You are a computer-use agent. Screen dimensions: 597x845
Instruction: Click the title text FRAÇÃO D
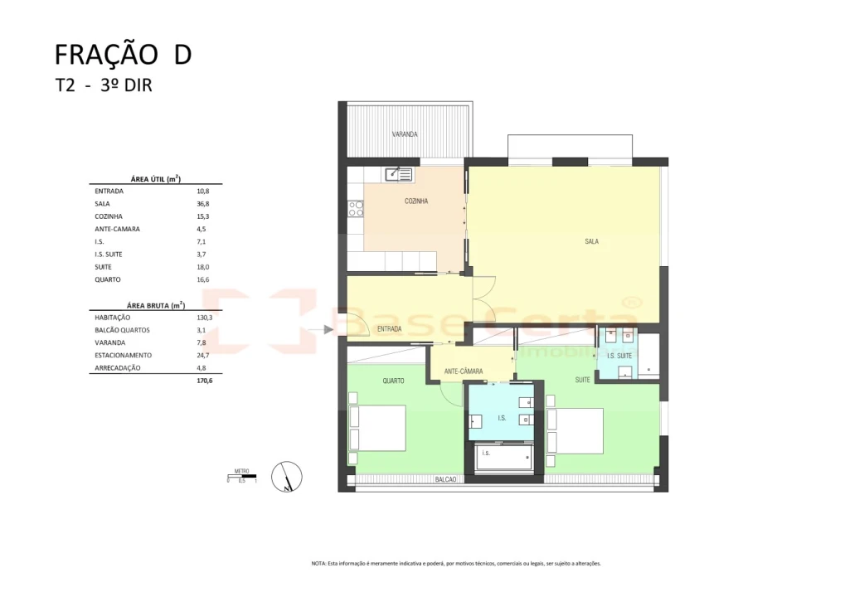(123, 54)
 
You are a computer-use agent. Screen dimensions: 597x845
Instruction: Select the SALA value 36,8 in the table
(192, 203)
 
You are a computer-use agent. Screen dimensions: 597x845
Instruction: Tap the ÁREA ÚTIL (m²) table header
(155, 178)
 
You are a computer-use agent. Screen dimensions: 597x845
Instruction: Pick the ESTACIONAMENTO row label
(124, 355)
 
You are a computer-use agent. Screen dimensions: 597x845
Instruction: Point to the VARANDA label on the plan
(405, 134)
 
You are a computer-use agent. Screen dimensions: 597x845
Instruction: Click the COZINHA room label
(416, 201)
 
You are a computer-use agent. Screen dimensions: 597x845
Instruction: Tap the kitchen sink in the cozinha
(398, 174)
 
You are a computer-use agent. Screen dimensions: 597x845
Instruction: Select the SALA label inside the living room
(591, 242)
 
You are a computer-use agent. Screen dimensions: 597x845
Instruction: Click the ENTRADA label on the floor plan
(389, 329)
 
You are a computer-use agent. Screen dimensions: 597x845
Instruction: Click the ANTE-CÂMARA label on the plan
(464, 371)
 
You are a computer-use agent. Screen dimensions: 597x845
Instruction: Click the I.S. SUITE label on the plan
(619, 356)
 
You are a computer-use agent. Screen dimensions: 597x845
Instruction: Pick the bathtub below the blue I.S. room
(503, 457)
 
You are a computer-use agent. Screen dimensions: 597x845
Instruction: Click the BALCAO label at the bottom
(446, 479)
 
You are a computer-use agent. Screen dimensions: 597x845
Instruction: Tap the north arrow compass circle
(287, 476)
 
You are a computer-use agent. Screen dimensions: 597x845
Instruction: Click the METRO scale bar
(242, 476)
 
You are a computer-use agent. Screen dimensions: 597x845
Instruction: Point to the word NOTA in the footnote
(319, 563)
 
